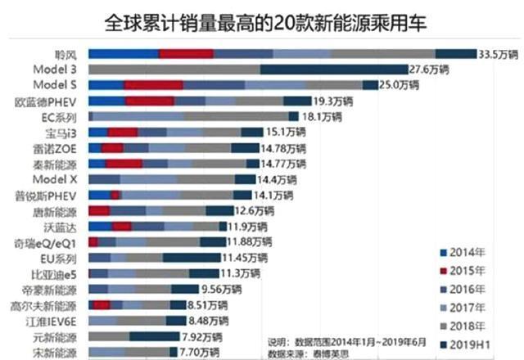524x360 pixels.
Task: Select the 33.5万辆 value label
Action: [x=498, y=54]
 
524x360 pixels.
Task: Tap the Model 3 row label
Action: [x=58, y=70]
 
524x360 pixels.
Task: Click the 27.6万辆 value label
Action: [x=454, y=70]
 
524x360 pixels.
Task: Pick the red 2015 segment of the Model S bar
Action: [x=153, y=85]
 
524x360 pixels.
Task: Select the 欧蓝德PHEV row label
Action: [x=50, y=101]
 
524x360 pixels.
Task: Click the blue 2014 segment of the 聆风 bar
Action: [x=123, y=54]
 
